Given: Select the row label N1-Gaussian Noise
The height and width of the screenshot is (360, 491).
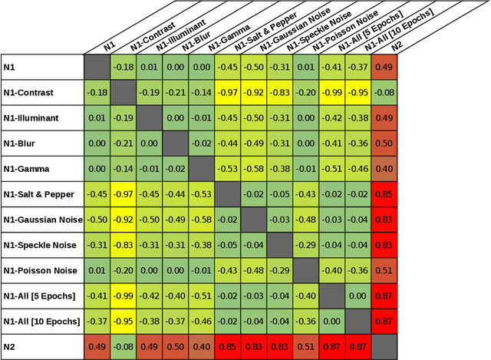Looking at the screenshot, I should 42,220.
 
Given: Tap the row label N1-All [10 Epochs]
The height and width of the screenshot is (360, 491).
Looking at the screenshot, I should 42,321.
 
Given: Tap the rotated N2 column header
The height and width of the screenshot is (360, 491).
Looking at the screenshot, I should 397,45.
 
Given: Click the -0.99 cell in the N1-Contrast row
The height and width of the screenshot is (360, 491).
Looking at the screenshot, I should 331,93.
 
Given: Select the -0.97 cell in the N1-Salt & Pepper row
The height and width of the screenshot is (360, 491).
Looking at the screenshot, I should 123,194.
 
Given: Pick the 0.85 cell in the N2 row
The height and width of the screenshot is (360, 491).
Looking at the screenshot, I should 227,346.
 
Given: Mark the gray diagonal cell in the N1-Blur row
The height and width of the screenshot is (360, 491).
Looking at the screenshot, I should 175,144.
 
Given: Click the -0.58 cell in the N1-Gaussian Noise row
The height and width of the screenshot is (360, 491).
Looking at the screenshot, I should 201,220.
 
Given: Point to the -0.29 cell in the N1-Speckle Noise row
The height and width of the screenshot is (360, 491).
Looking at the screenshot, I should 305,245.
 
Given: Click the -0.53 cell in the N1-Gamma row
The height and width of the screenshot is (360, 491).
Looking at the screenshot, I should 227,169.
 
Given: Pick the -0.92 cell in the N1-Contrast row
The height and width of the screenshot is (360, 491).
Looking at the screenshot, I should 253,93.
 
